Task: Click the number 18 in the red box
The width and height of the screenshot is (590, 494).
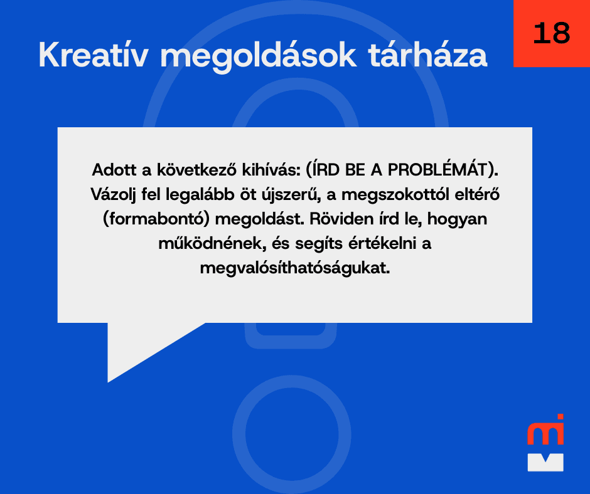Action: (552, 33)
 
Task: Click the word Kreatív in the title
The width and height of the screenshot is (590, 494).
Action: (94, 55)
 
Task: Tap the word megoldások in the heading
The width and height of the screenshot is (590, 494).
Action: (259, 56)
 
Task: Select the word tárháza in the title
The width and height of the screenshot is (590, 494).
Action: (427, 55)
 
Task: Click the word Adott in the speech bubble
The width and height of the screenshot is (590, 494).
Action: (114, 170)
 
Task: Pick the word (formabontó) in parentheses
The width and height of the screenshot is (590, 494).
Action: (156, 219)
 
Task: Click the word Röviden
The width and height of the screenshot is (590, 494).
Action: (341, 219)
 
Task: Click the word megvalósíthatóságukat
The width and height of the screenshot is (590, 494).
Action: (295, 268)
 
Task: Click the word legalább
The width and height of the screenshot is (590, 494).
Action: (200, 195)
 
